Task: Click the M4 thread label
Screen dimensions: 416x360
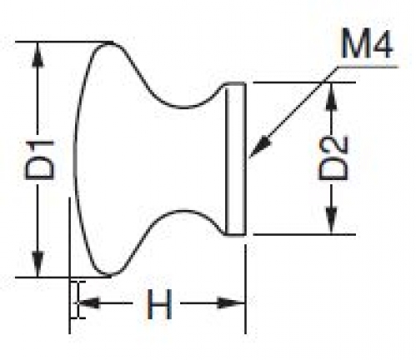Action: pos(367,44)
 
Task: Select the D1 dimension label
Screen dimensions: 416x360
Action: pos(39,160)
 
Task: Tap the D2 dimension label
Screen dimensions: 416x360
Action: pos(333,158)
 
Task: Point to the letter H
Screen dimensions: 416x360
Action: pos(159,304)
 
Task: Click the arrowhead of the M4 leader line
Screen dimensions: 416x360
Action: pos(260,147)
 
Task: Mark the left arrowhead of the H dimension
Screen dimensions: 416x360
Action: pos(88,303)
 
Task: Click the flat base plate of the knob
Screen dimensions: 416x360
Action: pos(235,158)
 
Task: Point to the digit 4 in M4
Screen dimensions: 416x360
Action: pos(382,44)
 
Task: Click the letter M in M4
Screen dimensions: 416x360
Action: pos(354,44)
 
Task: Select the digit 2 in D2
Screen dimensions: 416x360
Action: pos(333,146)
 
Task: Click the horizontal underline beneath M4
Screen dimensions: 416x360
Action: pos(368,67)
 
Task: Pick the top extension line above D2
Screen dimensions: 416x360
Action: pos(304,82)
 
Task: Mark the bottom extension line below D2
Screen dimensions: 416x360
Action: pos(304,235)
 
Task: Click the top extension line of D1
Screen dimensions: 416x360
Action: pos(64,42)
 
